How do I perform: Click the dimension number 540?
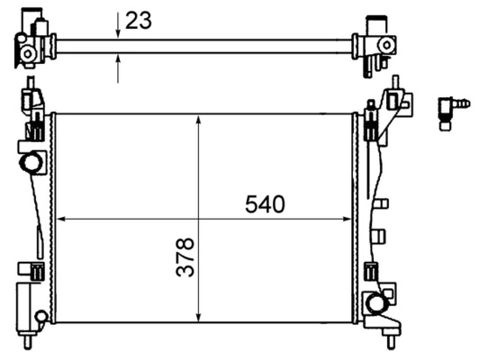[x=265, y=204]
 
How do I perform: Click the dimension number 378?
[x=185, y=256]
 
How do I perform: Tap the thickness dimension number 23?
[x=139, y=20]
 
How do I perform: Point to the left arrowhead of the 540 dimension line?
[x=61, y=219]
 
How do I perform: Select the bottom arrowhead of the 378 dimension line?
[x=198, y=317]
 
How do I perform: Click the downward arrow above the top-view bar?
[x=118, y=33]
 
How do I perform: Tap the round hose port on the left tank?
[x=32, y=163]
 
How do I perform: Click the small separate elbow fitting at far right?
[x=452, y=110]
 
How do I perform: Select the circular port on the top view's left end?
[x=27, y=55]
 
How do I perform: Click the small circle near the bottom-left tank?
[x=41, y=316]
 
